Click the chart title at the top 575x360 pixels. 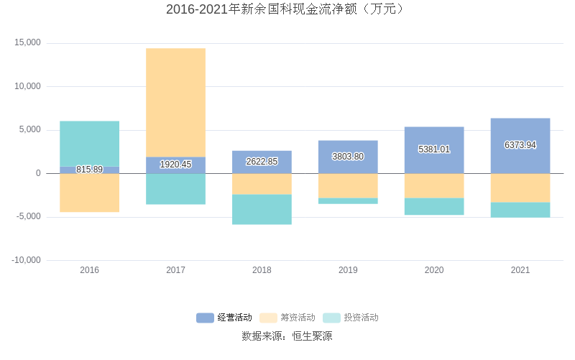[287, 9]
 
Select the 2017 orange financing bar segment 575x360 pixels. [175, 102]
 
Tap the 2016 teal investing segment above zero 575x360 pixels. [89, 143]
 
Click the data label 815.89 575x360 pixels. [89, 170]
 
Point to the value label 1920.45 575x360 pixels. [175, 165]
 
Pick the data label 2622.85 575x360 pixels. [262, 162]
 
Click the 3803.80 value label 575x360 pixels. [348, 157]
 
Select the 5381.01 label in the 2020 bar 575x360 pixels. [434, 149]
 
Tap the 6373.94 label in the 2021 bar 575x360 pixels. [520, 145]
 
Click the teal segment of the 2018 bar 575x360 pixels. [262, 209]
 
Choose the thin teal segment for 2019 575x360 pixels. [348, 201]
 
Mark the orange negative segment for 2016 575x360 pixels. [89, 193]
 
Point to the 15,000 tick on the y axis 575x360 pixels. [28, 43]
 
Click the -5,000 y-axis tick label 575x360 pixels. [28, 217]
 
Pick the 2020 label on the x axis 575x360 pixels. [434, 270]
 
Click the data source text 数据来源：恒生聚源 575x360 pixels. [287, 336]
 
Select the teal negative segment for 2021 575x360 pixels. [520, 210]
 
